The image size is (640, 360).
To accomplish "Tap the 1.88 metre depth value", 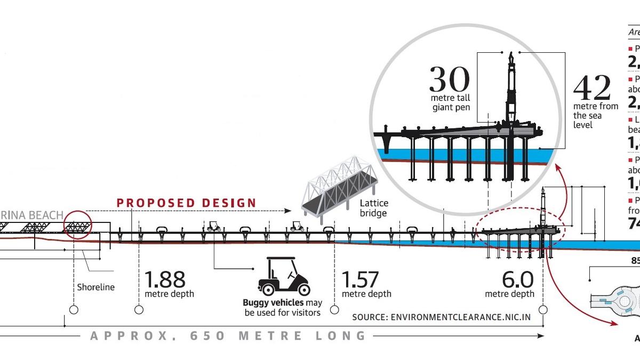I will click(165, 279).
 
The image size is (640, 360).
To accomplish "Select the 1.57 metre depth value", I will click(360, 279).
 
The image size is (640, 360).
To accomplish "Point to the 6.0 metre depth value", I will click(517, 279).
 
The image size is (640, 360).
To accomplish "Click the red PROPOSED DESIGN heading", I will click(187, 203).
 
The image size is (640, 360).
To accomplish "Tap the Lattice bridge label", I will click(374, 208).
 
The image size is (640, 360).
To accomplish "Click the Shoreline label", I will click(96, 287).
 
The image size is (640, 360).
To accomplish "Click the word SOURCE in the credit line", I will click(369, 317).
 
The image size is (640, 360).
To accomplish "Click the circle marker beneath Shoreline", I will click(74, 310).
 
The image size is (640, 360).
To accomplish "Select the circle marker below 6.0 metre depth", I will click(543, 310).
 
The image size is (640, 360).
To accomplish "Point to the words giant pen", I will click(451, 107).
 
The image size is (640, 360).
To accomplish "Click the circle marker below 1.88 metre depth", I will click(139, 310).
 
